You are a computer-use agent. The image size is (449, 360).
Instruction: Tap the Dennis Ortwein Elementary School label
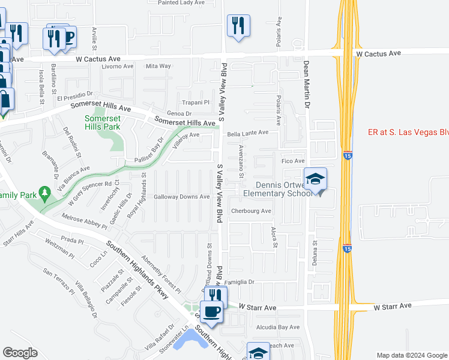click(x=278, y=189)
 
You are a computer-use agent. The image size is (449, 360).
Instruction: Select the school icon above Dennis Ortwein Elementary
click(x=315, y=179)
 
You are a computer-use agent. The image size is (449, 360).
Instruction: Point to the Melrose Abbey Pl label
click(x=83, y=220)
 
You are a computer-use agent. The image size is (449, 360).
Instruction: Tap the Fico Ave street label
click(x=294, y=161)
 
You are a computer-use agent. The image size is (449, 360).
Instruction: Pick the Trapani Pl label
click(x=193, y=103)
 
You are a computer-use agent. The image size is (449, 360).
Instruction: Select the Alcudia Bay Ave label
click(x=277, y=327)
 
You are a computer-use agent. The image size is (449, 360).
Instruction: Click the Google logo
click(x=20, y=353)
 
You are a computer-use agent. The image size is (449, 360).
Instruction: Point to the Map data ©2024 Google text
click(x=411, y=355)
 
